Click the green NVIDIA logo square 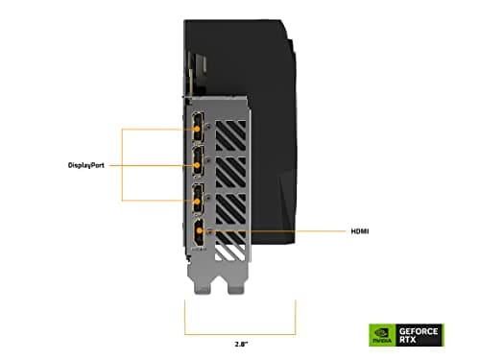381,334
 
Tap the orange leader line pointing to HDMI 278,231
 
